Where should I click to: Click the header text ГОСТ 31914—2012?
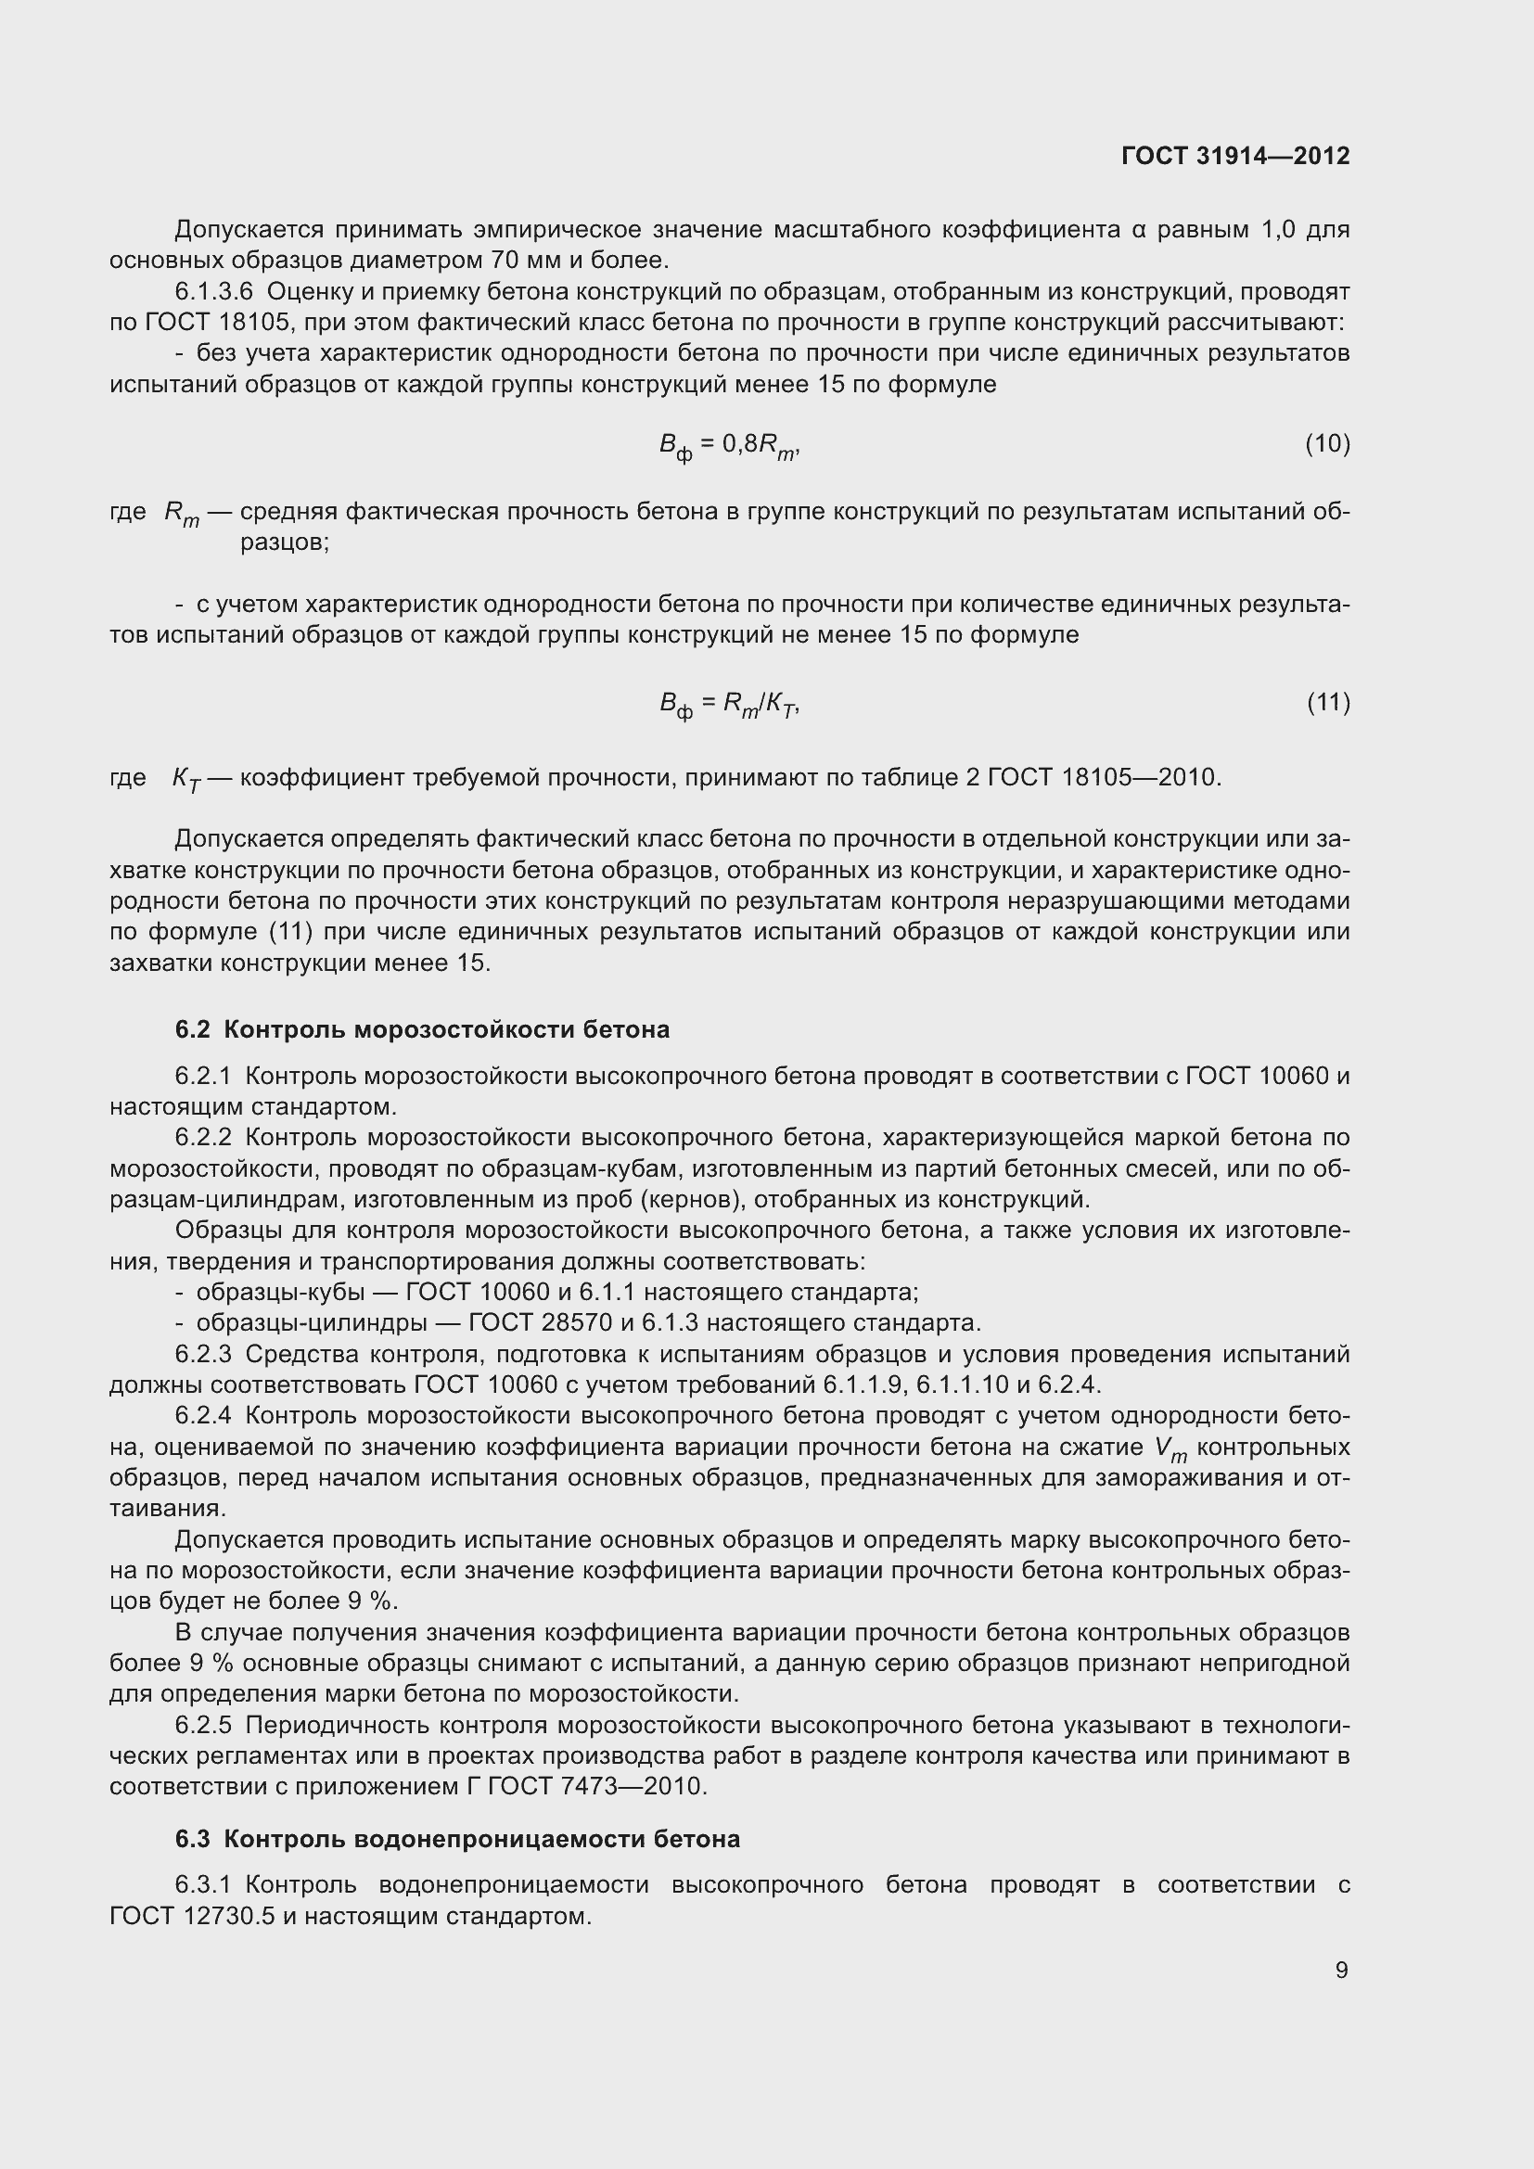click(x=1234, y=156)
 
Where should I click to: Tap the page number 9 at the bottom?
click(x=1341, y=1971)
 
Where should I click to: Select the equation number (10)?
click(x=1327, y=443)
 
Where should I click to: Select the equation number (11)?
click(x=1328, y=702)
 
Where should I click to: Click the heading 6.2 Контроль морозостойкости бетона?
click(x=422, y=1029)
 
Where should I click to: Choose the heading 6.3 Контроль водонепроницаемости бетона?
click(x=457, y=1839)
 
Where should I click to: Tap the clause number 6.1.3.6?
click(x=213, y=292)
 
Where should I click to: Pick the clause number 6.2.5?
click(x=202, y=1726)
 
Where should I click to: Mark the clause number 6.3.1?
click(x=202, y=1885)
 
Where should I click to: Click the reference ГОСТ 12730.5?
click(x=195, y=1917)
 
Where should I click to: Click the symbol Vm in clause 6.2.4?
click(x=1170, y=1448)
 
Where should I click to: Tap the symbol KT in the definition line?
click(x=186, y=779)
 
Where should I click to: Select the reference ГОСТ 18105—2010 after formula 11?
click(x=1104, y=777)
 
